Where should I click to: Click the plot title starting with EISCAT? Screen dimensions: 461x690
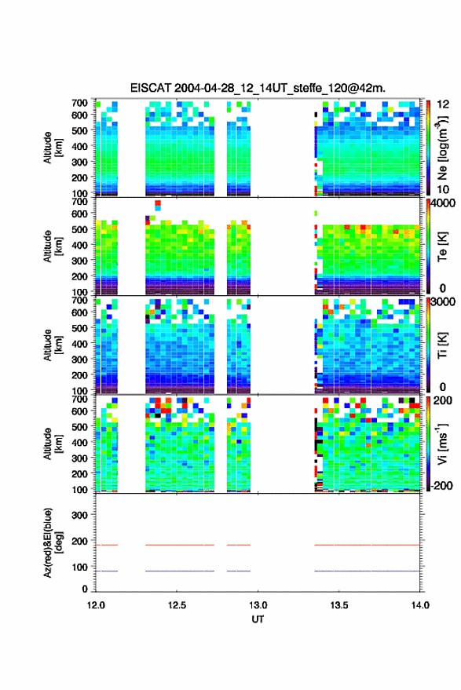pyautogui.click(x=258, y=88)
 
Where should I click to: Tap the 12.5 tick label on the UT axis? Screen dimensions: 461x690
pyautogui.click(x=177, y=605)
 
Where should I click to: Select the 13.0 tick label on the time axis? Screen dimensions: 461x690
pyautogui.click(x=258, y=605)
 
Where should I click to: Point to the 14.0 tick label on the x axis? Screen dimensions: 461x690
pyautogui.click(x=419, y=605)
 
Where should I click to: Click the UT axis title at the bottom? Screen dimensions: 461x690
pyautogui.click(x=258, y=619)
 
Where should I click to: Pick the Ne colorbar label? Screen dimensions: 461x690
pyautogui.click(x=443, y=148)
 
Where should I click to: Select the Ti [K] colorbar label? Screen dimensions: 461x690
pyautogui.click(x=442, y=345)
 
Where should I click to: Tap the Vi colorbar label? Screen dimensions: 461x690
pyautogui.click(x=442, y=444)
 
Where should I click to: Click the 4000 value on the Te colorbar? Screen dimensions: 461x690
pyautogui.click(x=444, y=204)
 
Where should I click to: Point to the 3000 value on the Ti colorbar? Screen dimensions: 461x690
pyautogui.click(x=444, y=302)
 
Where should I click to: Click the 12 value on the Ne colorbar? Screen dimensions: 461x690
pyautogui.click(x=443, y=104)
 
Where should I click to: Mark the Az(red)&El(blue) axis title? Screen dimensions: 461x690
pyautogui.click(x=53, y=542)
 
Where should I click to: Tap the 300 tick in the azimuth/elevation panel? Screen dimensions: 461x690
pyautogui.click(x=79, y=515)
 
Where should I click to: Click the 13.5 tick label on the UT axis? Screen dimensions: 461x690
pyautogui.click(x=338, y=605)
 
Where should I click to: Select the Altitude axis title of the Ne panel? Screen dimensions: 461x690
pyautogui.click(x=53, y=148)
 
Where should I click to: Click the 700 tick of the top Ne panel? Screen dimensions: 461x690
pyautogui.click(x=79, y=103)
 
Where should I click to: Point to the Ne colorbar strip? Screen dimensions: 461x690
pyautogui.click(x=428, y=148)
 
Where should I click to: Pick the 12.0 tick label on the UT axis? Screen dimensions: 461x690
pyautogui.click(x=96, y=605)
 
